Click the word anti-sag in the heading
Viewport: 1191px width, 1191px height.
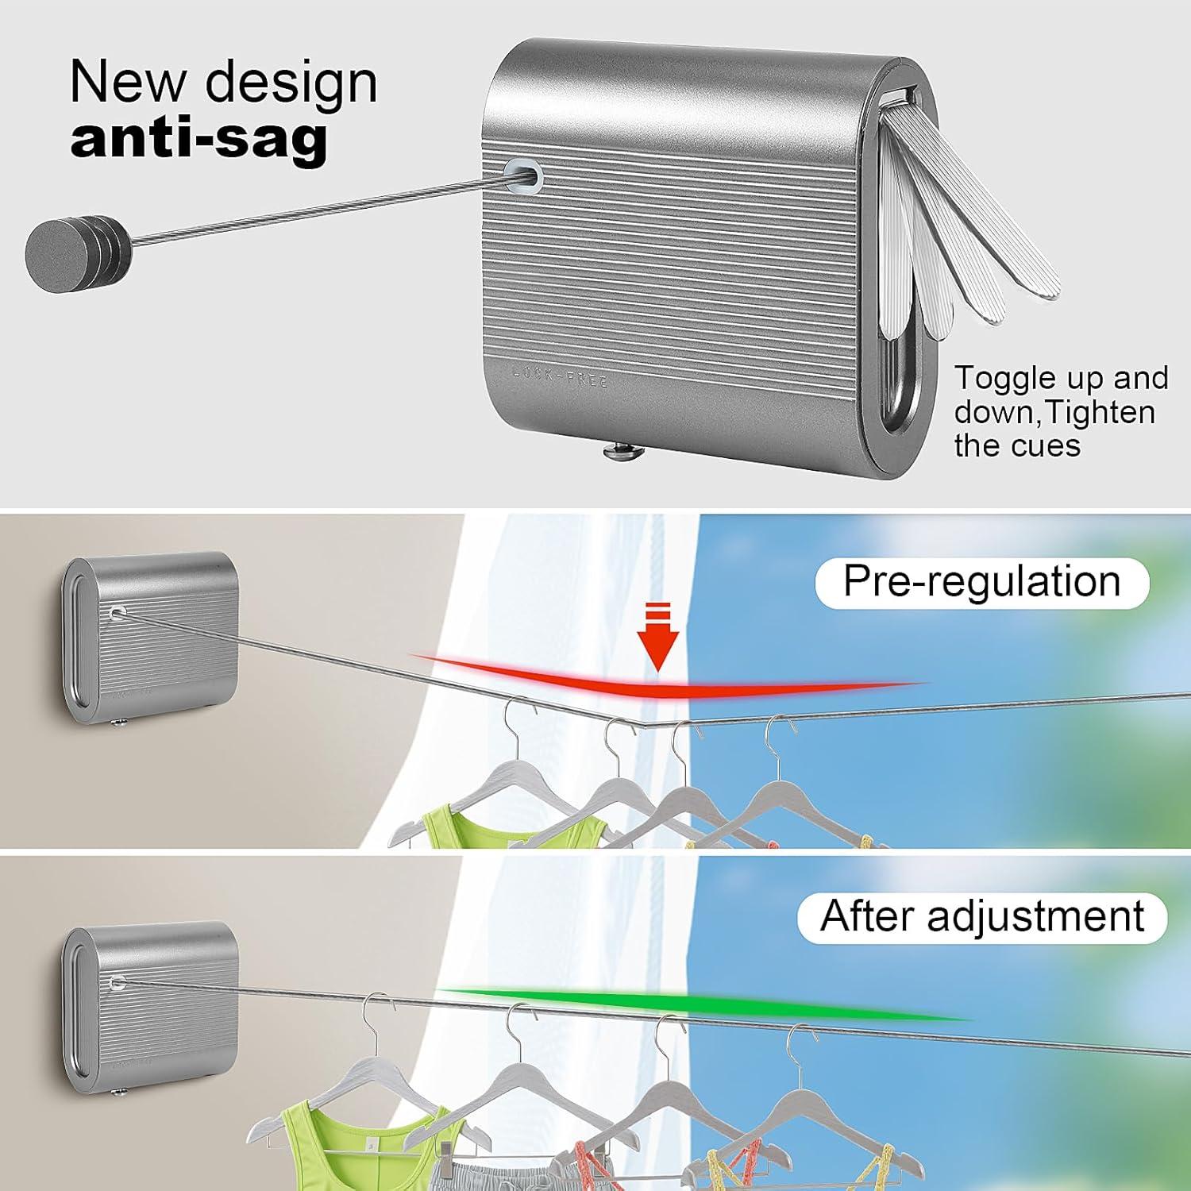pos(198,138)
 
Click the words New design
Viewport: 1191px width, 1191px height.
pos(223,82)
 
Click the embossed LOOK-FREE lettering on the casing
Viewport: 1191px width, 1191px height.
pos(561,376)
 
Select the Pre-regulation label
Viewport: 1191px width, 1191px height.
pos(981,582)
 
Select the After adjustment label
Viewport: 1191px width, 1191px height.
pos(982,917)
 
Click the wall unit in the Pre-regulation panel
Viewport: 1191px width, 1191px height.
pos(150,635)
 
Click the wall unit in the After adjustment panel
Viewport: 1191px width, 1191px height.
pos(151,1004)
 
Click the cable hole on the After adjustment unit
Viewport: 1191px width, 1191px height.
pos(117,983)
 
